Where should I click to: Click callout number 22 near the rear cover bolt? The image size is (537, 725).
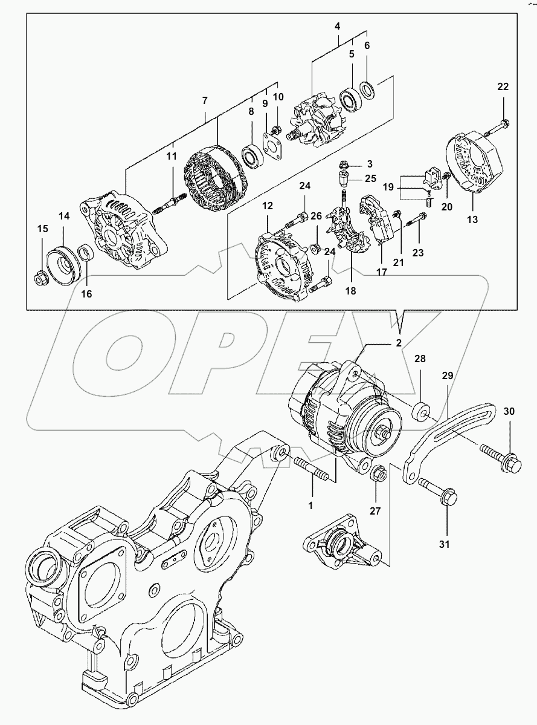pyautogui.click(x=503, y=87)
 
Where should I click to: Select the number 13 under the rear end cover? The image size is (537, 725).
pyautogui.click(x=472, y=219)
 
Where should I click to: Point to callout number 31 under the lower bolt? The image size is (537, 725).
pyautogui.click(x=444, y=544)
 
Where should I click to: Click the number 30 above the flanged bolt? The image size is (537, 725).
pyautogui.click(x=509, y=411)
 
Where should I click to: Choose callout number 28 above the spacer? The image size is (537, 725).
pyautogui.click(x=420, y=359)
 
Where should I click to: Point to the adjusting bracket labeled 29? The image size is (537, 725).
pyautogui.click(x=447, y=435)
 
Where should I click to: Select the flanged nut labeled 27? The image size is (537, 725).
pyautogui.click(x=378, y=475)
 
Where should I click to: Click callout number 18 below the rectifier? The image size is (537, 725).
pyautogui.click(x=351, y=291)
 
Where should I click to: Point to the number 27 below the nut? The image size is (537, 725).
pyautogui.click(x=375, y=511)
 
